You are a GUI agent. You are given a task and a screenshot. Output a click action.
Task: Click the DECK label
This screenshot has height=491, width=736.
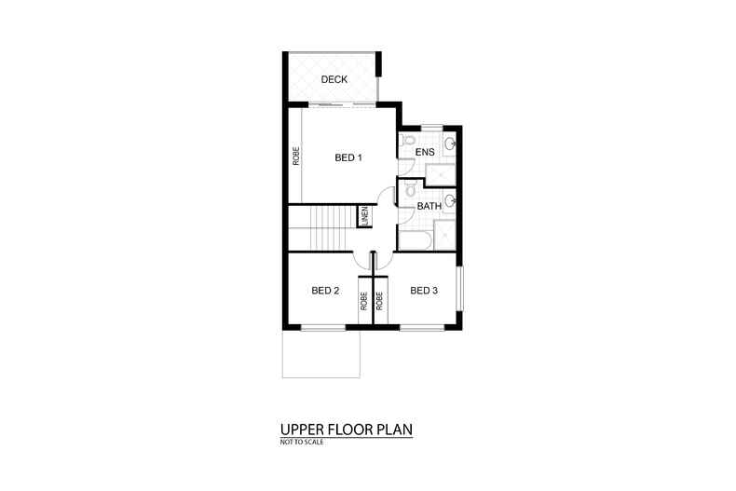click(334, 80)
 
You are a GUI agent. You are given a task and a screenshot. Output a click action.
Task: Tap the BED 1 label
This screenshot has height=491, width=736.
click(348, 158)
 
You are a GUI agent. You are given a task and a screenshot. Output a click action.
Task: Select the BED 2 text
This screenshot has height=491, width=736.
click(324, 291)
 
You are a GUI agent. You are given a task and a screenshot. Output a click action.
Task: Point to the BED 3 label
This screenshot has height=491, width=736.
click(423, 291)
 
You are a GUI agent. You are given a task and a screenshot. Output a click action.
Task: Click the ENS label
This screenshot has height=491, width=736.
click(426, 152)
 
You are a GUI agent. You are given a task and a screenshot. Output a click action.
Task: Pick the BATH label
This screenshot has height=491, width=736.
click(429, 206)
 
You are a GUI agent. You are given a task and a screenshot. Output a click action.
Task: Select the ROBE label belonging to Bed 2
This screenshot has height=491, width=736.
click(363, 301)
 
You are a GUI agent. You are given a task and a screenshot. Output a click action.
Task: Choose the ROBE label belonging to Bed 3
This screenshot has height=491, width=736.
click(380, 301)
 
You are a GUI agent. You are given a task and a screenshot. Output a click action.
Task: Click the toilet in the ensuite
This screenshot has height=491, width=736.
click(407, 141)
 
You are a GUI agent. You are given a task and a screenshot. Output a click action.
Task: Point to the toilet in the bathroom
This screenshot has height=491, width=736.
click(408, 193)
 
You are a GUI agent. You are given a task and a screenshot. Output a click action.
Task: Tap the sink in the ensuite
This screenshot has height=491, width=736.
click(450, 143)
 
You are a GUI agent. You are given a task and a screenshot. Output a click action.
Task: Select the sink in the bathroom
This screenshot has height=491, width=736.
click(450, 198)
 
